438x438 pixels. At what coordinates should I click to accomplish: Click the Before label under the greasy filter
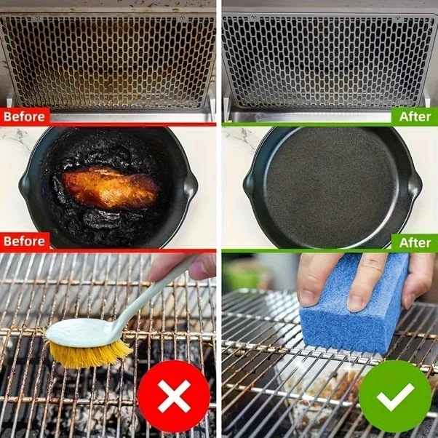(x=24, y=116)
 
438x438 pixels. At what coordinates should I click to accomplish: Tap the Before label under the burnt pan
(x=24, y=242)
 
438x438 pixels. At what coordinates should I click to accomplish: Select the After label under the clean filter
(x=415, y=116)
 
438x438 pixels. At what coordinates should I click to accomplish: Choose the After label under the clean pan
(x=415, y=242)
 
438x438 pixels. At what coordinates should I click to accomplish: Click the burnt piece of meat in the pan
(x=109, y=188)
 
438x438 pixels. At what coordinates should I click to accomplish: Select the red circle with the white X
(x=175, y=396)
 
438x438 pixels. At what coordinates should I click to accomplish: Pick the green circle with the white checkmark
(x=395, y=396)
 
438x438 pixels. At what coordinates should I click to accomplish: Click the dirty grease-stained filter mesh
(x=109, y=62)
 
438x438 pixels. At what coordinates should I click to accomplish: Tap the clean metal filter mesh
(x=327, y=62)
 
